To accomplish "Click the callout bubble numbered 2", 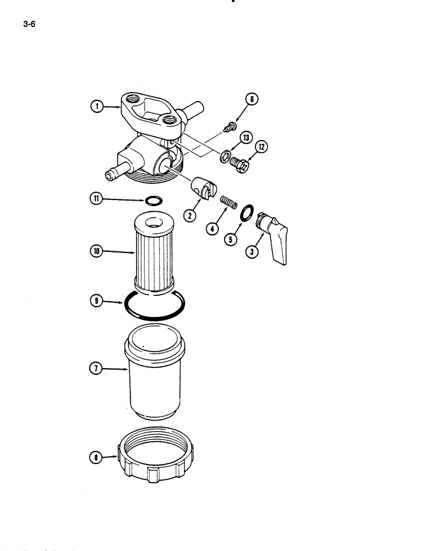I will coord(191,217).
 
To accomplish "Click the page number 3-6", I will coord(29,24).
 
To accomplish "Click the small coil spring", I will coord(228,202).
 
